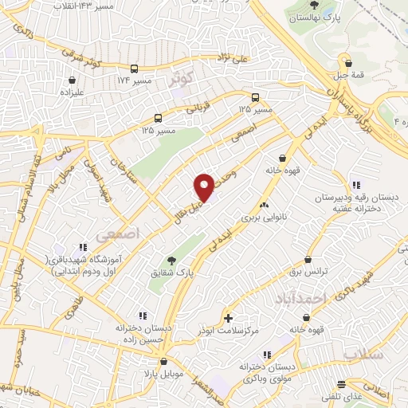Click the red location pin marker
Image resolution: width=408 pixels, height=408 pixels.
click(x=205, y=186)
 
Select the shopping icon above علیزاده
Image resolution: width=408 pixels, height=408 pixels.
click(x=73, y=80)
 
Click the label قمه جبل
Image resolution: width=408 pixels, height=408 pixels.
click(x=345, y=76)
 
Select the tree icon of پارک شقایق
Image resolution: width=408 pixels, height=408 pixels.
click(x=171, y=260)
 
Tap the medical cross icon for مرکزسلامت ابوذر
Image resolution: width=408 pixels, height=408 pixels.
click(x=229, y=318)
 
